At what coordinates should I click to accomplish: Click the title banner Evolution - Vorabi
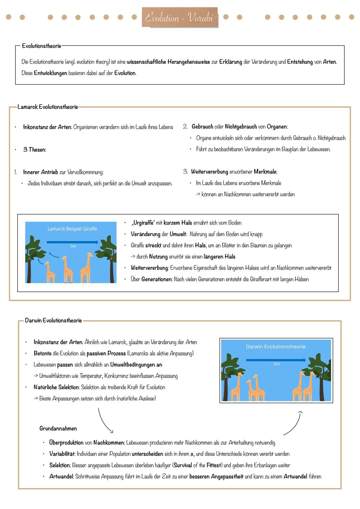tap(179, 17)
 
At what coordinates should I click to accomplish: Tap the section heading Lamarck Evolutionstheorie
tap(48, 107)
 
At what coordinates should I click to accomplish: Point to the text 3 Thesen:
tap(35, 150)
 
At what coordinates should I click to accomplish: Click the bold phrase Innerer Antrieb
tap(40, 172)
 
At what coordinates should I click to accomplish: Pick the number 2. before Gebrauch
tap(185, 127)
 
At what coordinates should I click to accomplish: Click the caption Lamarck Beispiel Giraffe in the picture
tap(72, 229)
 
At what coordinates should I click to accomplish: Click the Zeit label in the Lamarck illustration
tap(73, 246)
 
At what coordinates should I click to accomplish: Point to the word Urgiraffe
tap(143, 223)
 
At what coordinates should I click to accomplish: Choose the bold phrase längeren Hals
tap(219, 257)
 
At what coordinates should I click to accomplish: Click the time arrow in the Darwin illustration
tap(276, 360)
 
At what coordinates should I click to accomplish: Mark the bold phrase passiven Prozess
tap(106, 353)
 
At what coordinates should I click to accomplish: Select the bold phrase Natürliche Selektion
tap(57, 387)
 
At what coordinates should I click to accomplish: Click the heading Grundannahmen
tap(58, 429)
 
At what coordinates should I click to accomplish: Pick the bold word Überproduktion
tap(66, 443)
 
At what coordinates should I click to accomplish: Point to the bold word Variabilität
tap(62, 454)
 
